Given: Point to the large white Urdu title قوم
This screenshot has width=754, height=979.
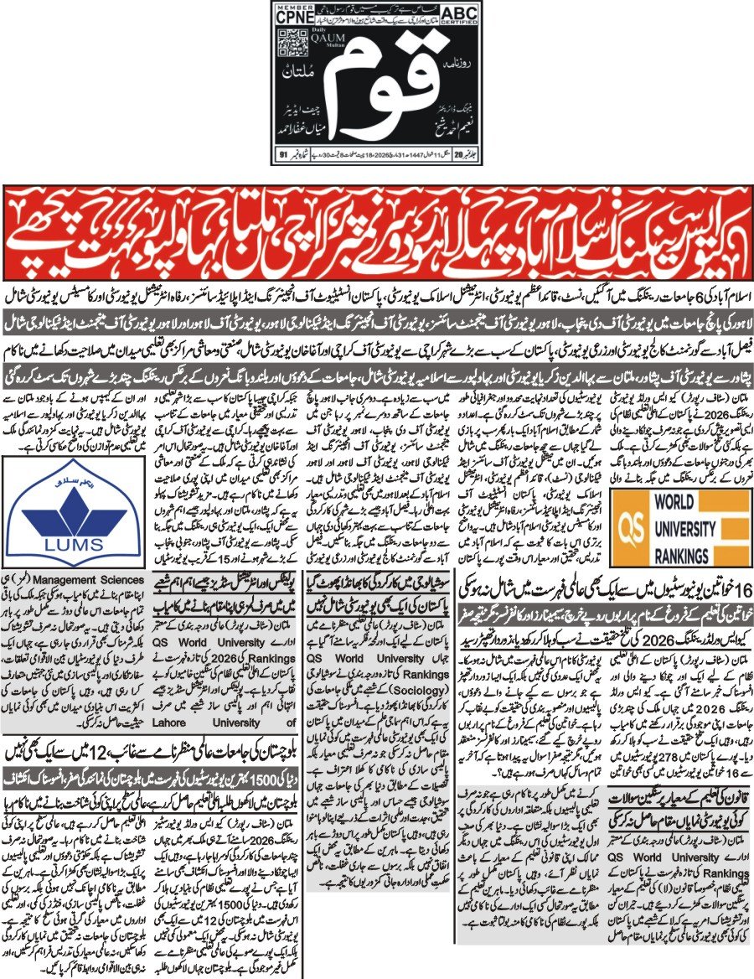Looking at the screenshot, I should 377,84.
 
